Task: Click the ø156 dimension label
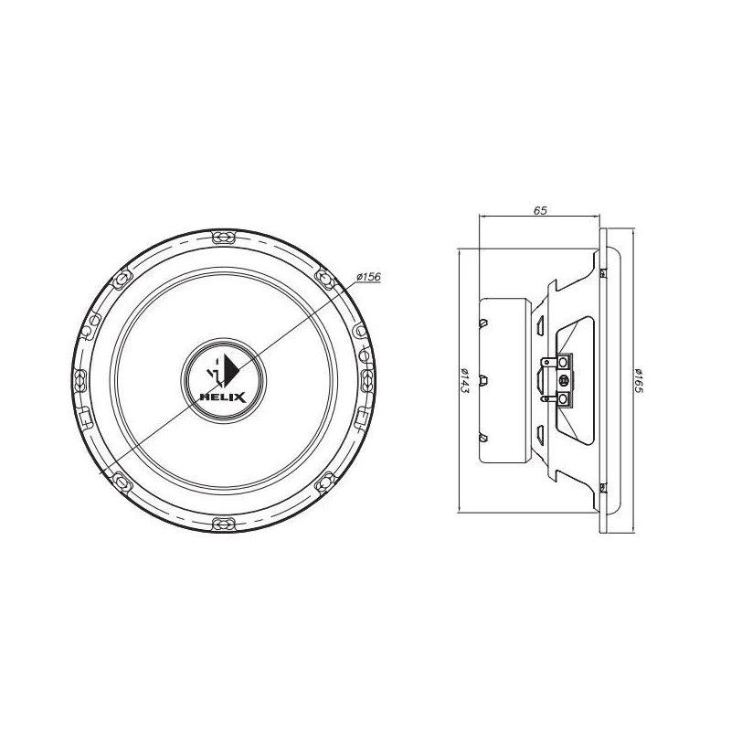tap(368, 277)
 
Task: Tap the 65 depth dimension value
tap(540, 210)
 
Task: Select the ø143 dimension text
tap(464, 380)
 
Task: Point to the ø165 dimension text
tap(638, 380)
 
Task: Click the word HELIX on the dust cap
tap(223, 397)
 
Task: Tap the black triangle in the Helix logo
tap(232, 369)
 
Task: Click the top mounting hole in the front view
tap(224, 238)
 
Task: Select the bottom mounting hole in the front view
tap(224, 524)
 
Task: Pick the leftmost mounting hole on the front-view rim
tap(80, 380)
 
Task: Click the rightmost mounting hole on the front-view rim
tap(368, 380)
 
